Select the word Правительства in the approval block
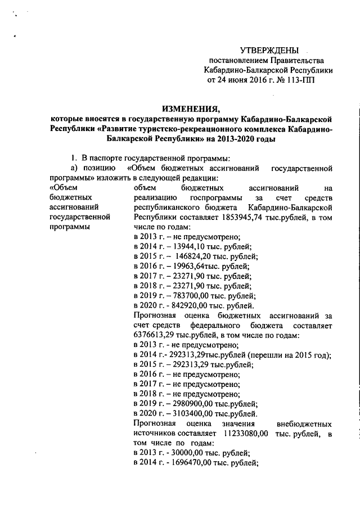[x=296, y=60]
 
